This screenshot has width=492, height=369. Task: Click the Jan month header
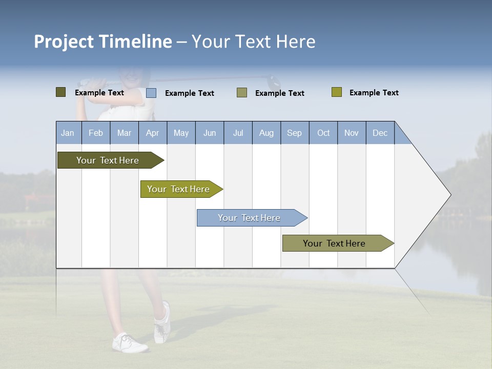tap(68, 133)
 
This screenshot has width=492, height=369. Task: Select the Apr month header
tap(152, 133)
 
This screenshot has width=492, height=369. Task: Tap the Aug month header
tap(266, 133)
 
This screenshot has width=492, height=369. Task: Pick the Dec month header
tap(380, 133)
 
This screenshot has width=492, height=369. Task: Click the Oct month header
tap(323, 133)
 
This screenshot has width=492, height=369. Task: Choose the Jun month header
tap(210, 133)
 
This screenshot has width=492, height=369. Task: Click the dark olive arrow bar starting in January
tap(108, 160)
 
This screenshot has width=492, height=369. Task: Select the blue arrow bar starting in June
tap(249, 218)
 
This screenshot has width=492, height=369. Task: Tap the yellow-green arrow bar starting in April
tap(178, 189)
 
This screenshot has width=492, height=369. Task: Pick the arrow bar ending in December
tap(334, 243)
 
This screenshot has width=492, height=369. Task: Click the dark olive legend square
tap(60, 92)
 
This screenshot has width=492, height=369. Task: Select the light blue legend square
tap(151, 93)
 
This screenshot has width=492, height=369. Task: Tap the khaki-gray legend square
tap(242, 93)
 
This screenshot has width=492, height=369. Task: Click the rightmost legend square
tap(336, 92)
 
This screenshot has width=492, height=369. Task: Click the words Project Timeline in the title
tap(102, 42)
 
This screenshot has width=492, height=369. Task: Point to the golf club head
tap(274, 81)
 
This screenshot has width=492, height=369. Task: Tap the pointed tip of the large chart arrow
tap(449, 195)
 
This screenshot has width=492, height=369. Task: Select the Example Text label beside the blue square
tap(189, 93)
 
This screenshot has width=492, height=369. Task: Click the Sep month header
tap(294, 133)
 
